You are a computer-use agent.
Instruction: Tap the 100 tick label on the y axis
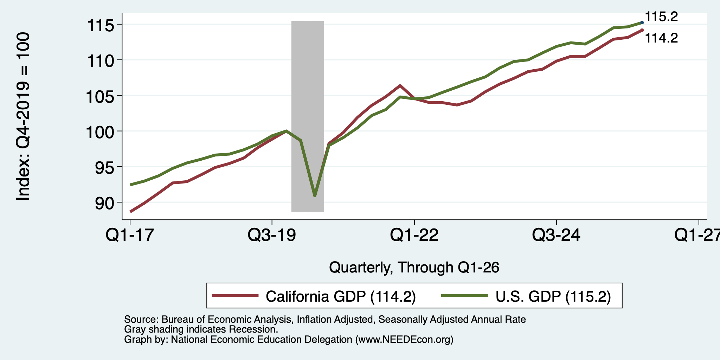(101, 132)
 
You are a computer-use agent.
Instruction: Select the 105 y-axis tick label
(101, 96)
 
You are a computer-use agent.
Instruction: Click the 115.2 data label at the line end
(661, 17)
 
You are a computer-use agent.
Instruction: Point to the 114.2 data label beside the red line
(661, 38)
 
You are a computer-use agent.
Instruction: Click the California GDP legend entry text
(341, 296)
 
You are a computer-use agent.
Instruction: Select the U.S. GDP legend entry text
(553, 296)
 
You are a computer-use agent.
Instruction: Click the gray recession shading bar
(308, 116)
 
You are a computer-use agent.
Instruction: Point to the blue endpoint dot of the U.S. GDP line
(642, 22)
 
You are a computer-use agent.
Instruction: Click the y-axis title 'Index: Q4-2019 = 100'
(23, 117)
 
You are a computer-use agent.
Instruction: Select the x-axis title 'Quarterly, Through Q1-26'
(414, 268)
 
